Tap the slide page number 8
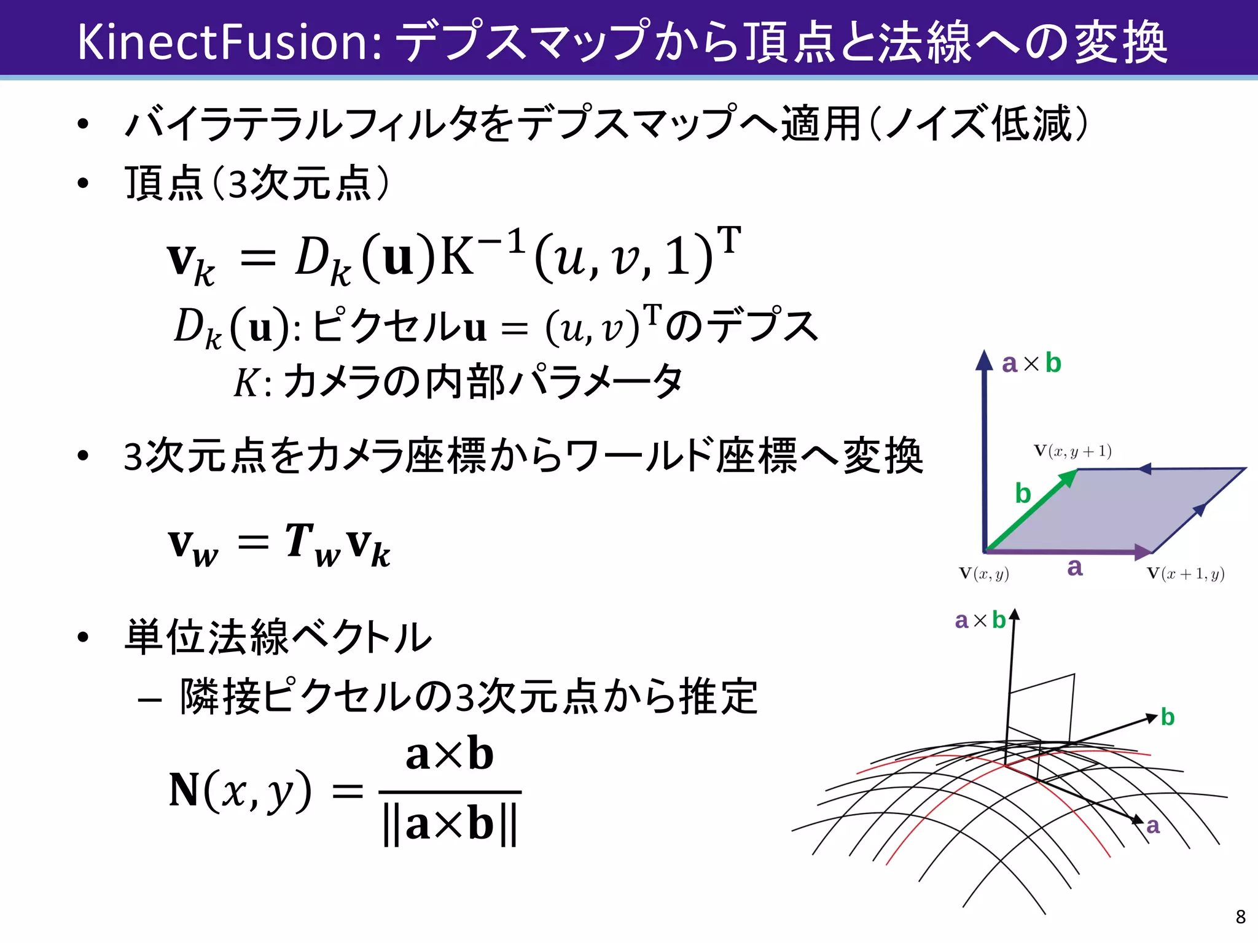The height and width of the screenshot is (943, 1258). pyautogui.click(x=1240, y=917)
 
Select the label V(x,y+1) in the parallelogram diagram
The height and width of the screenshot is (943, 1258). pyautogui.click(x=1072, y=451)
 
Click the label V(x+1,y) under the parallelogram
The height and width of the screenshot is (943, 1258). pyautogui.click(x=1186, y=574)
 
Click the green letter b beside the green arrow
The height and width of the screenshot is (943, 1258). pyautogui.click(x=1023, y=494)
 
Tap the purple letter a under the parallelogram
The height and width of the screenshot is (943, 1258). pyautogui.click(x=1074, y=567)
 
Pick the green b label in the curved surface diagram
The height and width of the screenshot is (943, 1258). pyautogui.click(x=1167, y=717)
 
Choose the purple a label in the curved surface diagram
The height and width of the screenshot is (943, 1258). pyautogui.click(x=1153, y=826)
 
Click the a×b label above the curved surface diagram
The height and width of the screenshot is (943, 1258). pyautogui.click(x=980, y=620)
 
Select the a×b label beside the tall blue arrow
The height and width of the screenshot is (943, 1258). pyautogui.click(x=1031, y=363)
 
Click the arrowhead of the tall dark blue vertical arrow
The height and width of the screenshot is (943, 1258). pyautogui.click(x=984, y=360)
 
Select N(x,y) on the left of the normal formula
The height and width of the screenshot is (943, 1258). pyautogui.click(x=240, y=791)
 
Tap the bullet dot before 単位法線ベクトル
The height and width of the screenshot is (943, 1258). pyautogui.click(x=84, y=637)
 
